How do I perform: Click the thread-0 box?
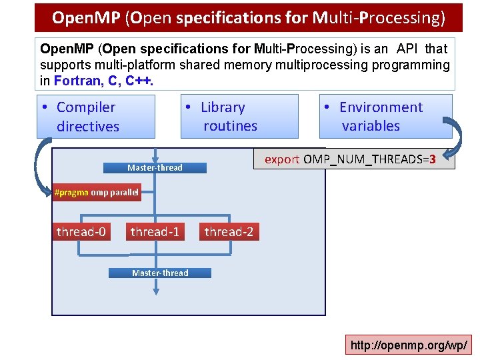tap(81, 232)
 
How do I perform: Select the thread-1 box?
tap(155, 232)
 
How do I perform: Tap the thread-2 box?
tap(229, 232)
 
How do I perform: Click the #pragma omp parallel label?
tap(97, 193)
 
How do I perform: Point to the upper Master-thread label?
tap(155, 167)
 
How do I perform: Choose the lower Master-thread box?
tap(160, 273)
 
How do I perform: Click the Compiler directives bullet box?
tap(95, 117)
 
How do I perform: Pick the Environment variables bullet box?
tap(385, 117)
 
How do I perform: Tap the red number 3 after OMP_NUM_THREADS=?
tap(433, 159)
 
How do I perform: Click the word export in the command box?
tap(282, 159)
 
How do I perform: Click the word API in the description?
tap(408, 49)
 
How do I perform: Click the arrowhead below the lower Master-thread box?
tap(156, 291)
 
